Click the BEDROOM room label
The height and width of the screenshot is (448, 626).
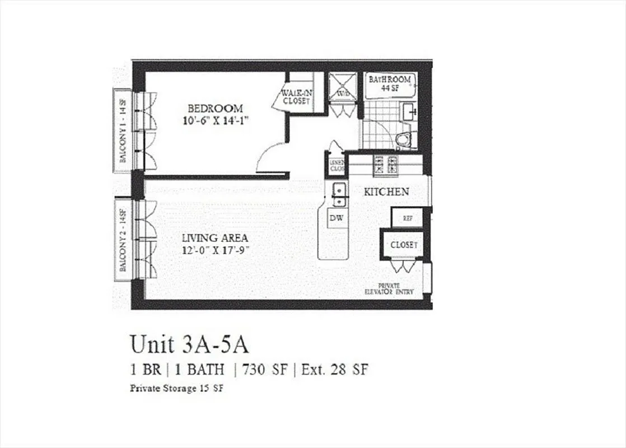click(215, 108)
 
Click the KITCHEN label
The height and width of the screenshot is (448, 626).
click(386, 192)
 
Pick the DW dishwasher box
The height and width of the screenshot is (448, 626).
click(336, 218)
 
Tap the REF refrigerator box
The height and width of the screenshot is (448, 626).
click(408, 217)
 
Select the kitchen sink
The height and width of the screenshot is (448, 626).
click(338, 193)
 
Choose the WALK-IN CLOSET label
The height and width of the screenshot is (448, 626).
click(296, 96)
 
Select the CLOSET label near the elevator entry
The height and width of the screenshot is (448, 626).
click(404, 245)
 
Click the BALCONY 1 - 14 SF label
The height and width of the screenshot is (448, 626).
click(123, 130)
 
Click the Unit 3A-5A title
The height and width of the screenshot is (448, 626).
click(189, 344)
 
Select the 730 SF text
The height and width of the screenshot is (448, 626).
click(266, 370)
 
